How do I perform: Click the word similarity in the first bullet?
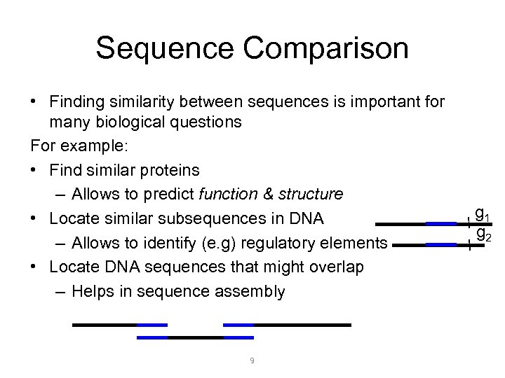(x=149, y=103)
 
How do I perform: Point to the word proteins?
(x=169, y=170)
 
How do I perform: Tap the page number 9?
(x=252, y=360)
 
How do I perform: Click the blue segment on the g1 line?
(x=441, y=224)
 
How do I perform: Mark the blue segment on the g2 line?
(x=441, y=245)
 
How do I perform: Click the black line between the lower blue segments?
(x=195, y=337)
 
